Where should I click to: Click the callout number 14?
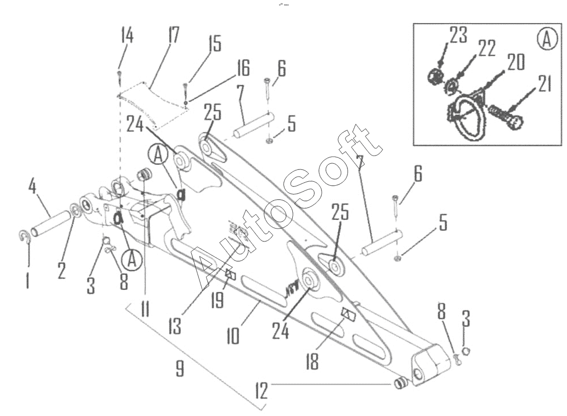click(x=126, y=37)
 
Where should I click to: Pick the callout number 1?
click(x=27, y=280)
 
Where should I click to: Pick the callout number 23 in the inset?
click(x=458, y=36)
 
